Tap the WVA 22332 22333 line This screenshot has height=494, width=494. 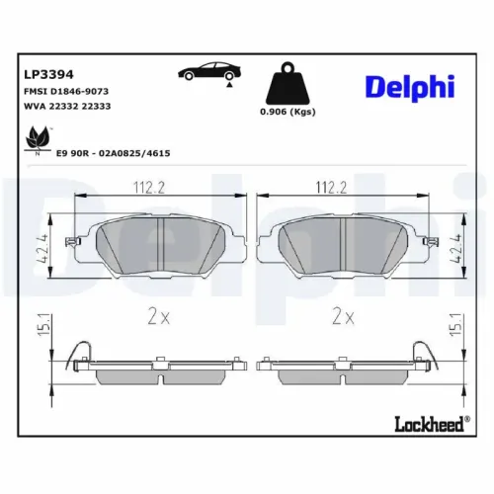click(x=65, y=106)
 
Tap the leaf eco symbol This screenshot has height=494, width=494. click(x=39, y=138)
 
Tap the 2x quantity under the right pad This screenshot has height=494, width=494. click(x=343, y=317)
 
